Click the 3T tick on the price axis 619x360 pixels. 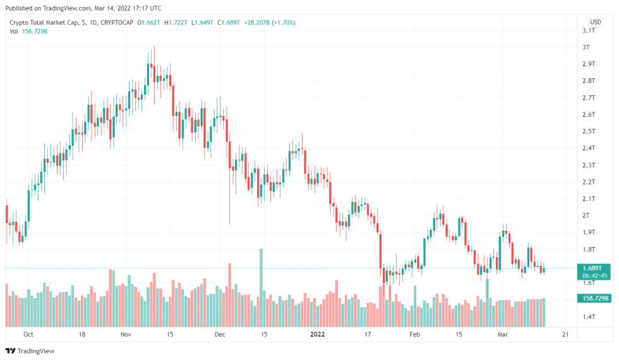click(x=586, y=47)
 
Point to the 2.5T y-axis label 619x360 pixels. click(x=589, y=131)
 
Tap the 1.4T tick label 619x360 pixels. click(x=589, y=316)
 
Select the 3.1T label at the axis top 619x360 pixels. click(x=589, y=30)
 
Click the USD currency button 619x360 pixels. click(x=595, y=21)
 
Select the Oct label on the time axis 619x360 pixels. click(x=28, y=334)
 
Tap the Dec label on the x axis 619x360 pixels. click(x=219, y=334)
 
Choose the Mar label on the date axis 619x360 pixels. click(x=503, y=334)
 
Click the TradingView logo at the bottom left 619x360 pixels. click(x=30, y=351)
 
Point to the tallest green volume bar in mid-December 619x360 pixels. click(x=260, y=284)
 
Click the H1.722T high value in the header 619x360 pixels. click(x=177, y=23)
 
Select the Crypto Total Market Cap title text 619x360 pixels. click(x=44, y=23)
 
